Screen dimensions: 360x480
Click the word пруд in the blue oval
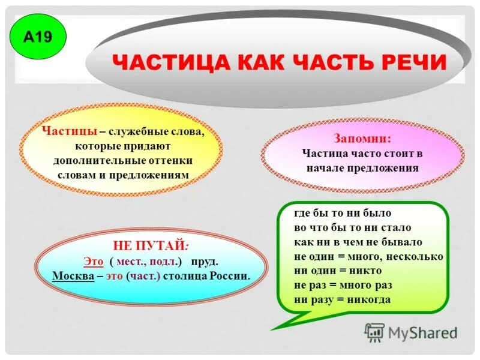point(204,262)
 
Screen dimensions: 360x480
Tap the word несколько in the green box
point(416,256)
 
